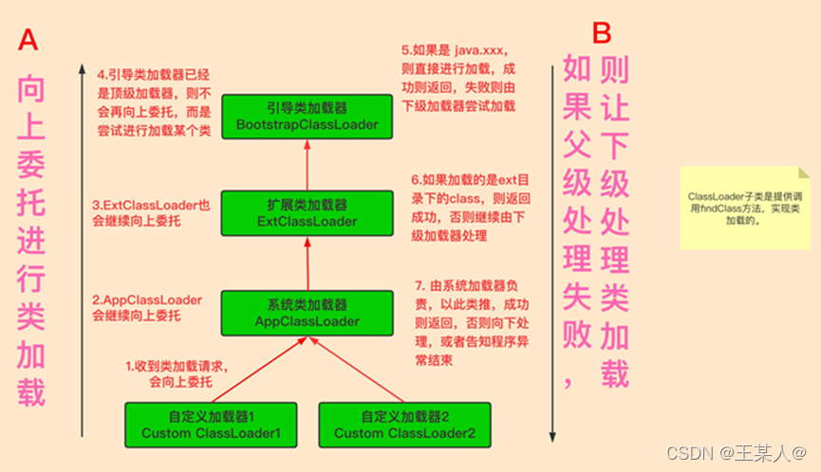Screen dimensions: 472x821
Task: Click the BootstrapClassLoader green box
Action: click(307, 116)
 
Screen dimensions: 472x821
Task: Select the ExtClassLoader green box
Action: click(307, 212)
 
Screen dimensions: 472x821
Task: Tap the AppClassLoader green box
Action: click(307, 312)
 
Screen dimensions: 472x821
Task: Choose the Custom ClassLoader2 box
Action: click(404, 425)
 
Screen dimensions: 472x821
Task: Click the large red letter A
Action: click(28, 40)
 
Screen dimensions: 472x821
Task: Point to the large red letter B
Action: click(602, 33)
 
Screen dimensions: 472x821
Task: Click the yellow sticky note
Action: click(745, 208)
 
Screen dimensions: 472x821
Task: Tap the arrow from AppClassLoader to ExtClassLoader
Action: click(307, 263)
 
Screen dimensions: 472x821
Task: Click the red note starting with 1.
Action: click(180, 373)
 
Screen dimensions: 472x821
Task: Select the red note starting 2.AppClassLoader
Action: click(147, 308)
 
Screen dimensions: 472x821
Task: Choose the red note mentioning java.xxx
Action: click(458, 76)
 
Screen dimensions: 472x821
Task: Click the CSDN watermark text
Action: click(737, 453)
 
